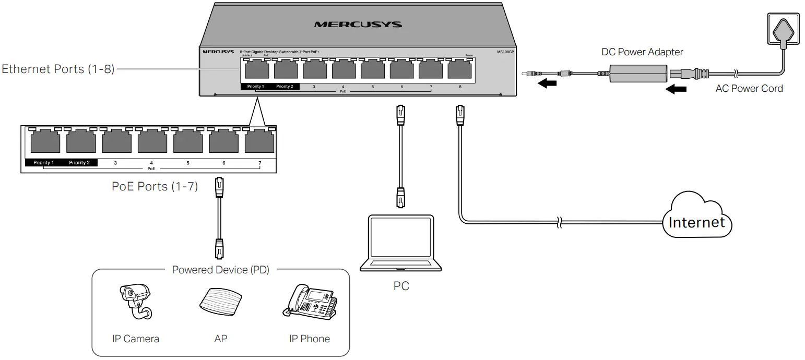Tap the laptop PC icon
[x=401, y=243]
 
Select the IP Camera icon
[x=135, y=302]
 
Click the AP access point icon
[x=220, y=302]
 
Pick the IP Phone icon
[x=310, y=302]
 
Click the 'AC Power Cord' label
[x=749, y=89]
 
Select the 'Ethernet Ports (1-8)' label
[x=58, y=69]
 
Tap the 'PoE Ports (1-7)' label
[x=155, y=186]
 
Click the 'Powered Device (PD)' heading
[x=220, y=270]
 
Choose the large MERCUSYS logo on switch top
[x=358, y=25]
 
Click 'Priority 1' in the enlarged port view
[x=43, y=163]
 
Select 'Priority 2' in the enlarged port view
[x=79, y=163]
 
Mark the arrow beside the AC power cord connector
[x=677, y=90]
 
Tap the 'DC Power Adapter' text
[x=642, y=52]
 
